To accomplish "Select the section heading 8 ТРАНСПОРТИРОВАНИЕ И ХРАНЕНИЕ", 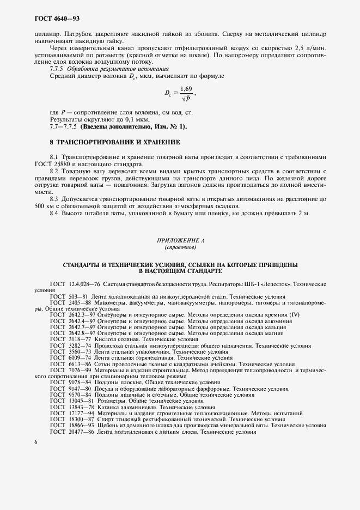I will click(114, 142).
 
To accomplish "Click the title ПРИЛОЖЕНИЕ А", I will click(180, 240).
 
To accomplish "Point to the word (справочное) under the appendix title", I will click(180, 247).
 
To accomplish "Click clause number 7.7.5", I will click(57, 69).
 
